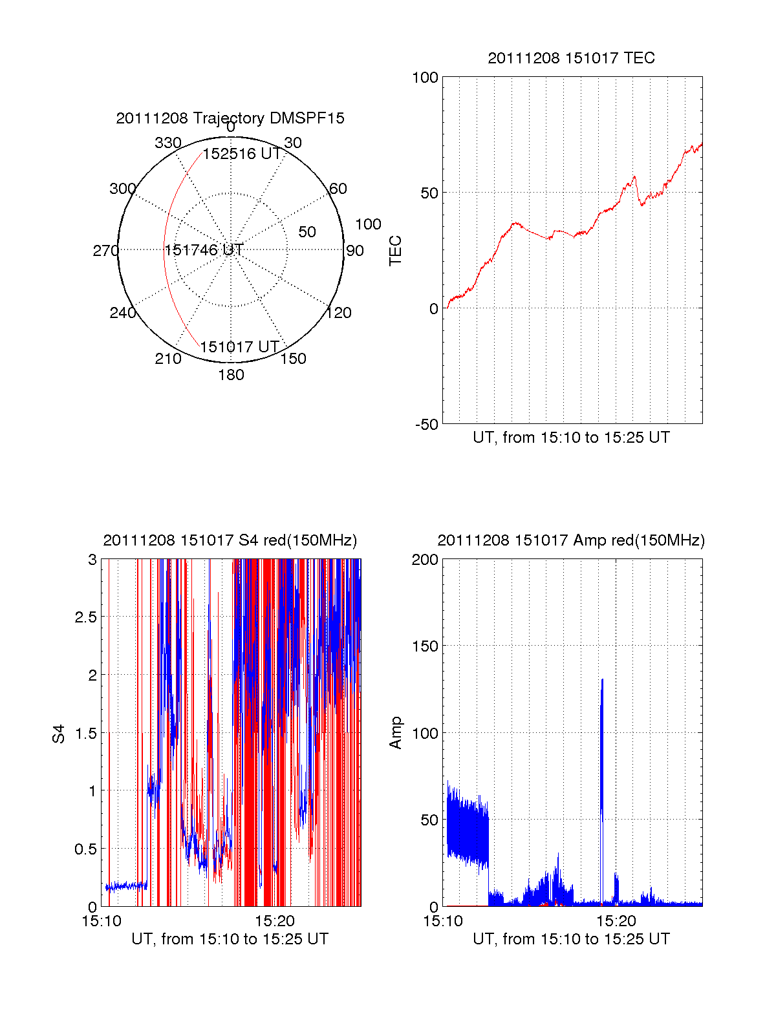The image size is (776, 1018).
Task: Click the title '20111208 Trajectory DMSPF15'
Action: [x=230, y=118]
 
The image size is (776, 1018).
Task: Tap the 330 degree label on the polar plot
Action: [x=168, y=143]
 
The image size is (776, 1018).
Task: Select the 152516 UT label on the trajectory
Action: [x=242, y=154]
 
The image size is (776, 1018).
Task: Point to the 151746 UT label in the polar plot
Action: [x=204, y=250]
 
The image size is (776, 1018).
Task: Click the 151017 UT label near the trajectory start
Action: [x=239, y=347]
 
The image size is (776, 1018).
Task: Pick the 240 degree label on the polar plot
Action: [x=122, y=313]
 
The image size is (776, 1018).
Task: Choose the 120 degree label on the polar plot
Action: [x=339, y=313]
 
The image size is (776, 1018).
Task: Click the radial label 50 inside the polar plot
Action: [x=307, y=232]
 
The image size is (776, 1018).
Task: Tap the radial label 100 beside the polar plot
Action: [x=368, y=224]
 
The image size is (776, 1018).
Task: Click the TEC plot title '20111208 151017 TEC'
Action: [x=571, y=58]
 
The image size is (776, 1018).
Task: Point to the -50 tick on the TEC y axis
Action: [x=427, y=425]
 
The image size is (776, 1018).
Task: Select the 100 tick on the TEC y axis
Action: [x=426, y=78]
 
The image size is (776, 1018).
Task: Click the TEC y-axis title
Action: [x=396, y=251]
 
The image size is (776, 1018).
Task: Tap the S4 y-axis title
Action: [x=59, y=734]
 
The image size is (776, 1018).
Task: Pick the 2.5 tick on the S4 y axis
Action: [x=85, y=617]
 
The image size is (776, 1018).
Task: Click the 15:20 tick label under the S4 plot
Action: [x=275, y=920]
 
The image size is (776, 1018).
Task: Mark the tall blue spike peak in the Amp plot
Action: [x=602, y=680]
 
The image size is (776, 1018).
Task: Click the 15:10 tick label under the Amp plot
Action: [x=443, y=920]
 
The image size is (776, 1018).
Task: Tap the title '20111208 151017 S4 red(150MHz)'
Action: [x=230, y=540]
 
